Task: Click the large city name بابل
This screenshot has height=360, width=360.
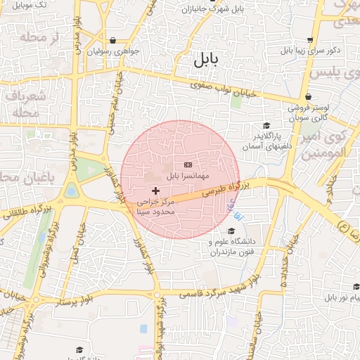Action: pyautogui.click(x=205, y=60)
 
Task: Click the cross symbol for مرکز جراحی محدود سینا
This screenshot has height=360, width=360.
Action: pyautogui.click(x=155, y=191)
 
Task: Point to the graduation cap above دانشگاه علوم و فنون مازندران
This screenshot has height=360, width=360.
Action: pyautogui.click(x=231, y=231)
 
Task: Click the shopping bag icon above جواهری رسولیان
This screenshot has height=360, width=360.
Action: pyautogui.click(x=113, y=41)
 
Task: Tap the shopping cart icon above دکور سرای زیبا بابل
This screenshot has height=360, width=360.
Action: pyautogui.click(x=310, y=40)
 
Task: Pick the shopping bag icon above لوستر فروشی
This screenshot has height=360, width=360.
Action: pyautogui.click(x=308, y=97)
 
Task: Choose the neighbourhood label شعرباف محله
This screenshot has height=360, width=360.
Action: pyautogui.click(x=28, y=103)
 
